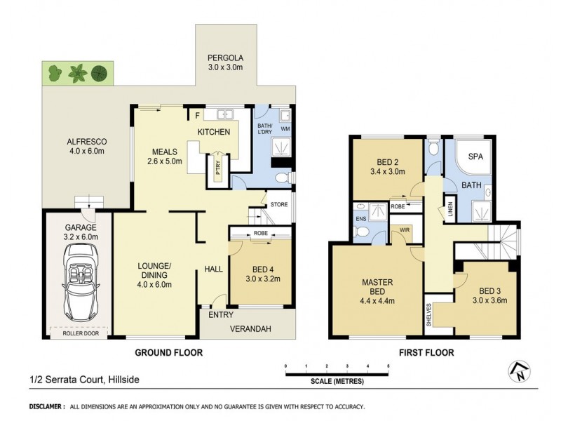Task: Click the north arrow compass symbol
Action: click(x=518, y=371)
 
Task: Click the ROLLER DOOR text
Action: click(x=79, y=333)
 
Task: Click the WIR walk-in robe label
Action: click(x=404, y=228)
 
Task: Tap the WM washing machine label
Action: click(x=285, y=128)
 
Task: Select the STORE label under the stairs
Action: click(x=278, y=205)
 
